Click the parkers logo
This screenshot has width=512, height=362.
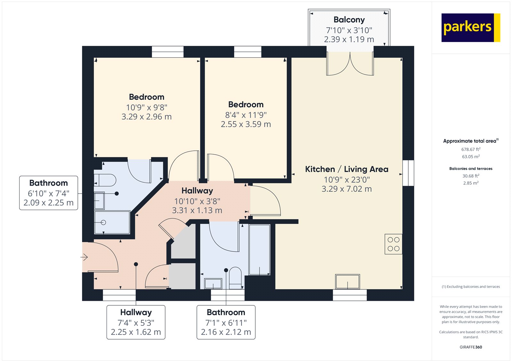[x=470, y=28]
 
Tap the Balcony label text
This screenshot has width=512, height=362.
[x=349, y=20]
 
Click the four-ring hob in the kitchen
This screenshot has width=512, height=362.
[x=393, y=244]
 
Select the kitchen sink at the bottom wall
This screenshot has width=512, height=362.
[x=348, y=282]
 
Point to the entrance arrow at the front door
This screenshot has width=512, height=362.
[x=84, y=257]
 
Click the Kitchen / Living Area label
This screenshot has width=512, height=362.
[x=347, y=169]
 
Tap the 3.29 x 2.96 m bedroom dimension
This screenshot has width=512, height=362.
[x=147, y=117]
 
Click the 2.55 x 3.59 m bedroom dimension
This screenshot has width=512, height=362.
[x=246, y=124]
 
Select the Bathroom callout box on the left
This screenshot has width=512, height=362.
[x=49, y=193]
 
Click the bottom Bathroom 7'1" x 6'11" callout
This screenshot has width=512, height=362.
[x=226, y=322]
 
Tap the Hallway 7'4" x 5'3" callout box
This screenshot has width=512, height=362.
[x=136, y=322]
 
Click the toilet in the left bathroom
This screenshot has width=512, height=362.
[x=106, y=180]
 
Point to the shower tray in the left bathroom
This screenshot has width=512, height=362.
[x=112, y=222]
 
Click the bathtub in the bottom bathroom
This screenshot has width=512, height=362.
[x=260, y=250]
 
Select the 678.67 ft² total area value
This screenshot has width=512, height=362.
[x=471, y=149]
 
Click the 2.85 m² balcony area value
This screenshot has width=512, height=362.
[x=471, y=183]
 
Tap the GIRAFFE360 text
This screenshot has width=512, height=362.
[x=471, y=347]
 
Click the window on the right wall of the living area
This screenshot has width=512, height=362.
[x=408, y=173]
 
